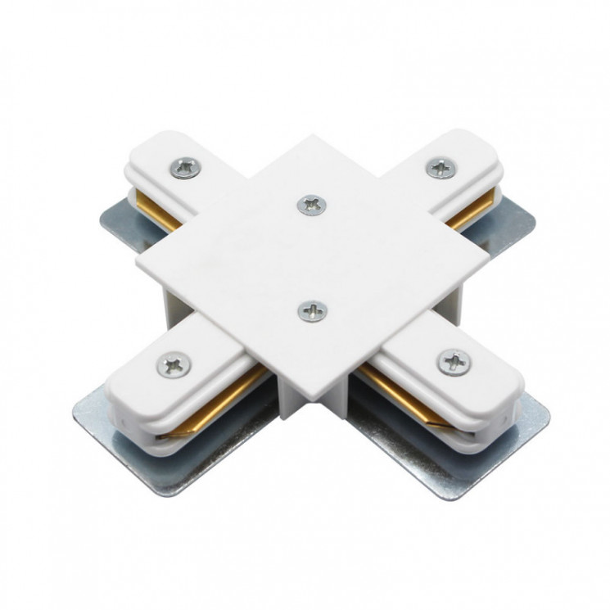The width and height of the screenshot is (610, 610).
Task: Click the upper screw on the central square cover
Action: [310, 205]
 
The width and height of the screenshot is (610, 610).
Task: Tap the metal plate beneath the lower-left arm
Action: [164, 467]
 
